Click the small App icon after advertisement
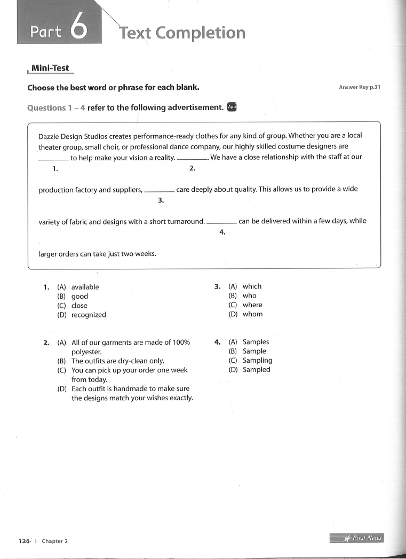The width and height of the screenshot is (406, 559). click(232, 107)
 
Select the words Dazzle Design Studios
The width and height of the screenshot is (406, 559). click(73, 136)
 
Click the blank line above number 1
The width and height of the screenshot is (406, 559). click(53, 159)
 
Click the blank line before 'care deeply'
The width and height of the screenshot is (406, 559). click(159, 190)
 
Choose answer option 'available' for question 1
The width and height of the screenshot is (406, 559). click(85, 287)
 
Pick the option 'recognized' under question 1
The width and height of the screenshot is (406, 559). click(89, 315)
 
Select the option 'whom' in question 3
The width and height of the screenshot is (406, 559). click(252, 314)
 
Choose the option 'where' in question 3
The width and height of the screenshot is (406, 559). click(252, 305)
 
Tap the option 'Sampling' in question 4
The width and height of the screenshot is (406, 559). click(257, 361)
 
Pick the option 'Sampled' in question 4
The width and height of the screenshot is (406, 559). click(256, 370)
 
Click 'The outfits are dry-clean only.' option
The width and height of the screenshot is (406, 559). click(117, 361)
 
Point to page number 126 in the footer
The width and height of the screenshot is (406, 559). click(24, 541)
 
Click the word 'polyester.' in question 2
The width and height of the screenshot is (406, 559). click(86, 352)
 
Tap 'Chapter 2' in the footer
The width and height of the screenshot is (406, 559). click(55, 541)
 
